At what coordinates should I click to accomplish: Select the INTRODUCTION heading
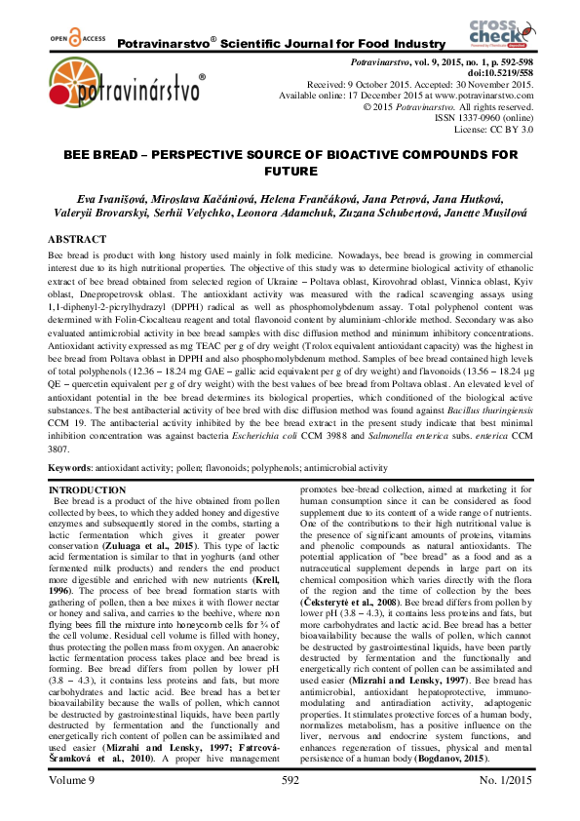[87, 489]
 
